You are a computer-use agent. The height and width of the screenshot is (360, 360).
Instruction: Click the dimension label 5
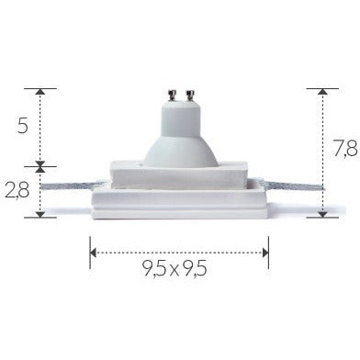[x=23, y=125]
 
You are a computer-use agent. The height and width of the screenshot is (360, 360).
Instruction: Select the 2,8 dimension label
[x=17, y=190]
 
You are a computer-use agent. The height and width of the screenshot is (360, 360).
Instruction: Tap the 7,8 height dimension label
[x=346, y=149]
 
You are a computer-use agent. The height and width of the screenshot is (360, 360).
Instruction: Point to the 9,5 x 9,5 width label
[x=174, y=269]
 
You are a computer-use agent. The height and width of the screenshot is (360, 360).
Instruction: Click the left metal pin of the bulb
[x=172, y=96]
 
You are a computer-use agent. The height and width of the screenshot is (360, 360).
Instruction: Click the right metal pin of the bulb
[x=191, y=96]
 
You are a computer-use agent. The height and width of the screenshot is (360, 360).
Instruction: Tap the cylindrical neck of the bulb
[x=181, y=118]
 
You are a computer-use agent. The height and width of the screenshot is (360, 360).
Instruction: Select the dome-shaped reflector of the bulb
[x=181, y=152]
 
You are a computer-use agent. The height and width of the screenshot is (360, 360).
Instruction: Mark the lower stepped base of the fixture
[x=180, y=202]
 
